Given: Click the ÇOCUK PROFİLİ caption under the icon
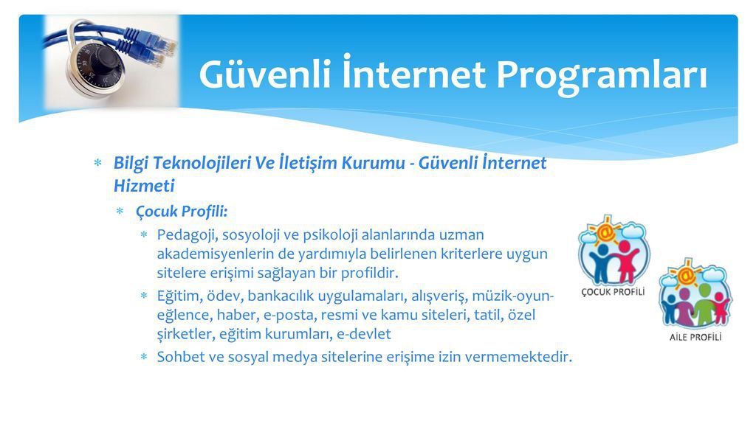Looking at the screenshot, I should click(613, 292).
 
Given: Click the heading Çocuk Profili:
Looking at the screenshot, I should click(182, 212).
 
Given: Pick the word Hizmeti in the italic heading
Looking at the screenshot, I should click(144, 187).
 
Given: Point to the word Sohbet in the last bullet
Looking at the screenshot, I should click(178, 358).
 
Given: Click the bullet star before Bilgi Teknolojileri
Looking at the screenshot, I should click(97, 162).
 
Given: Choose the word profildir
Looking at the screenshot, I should click(365, 274).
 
